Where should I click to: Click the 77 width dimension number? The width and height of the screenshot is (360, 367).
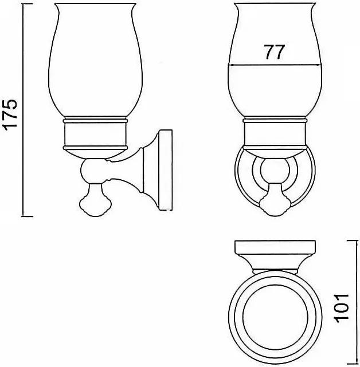(274, 52)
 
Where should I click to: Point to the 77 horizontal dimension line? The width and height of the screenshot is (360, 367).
(275, 65)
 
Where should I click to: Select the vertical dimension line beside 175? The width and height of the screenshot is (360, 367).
(23, 111)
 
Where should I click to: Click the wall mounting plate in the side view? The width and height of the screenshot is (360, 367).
(166, 170)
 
